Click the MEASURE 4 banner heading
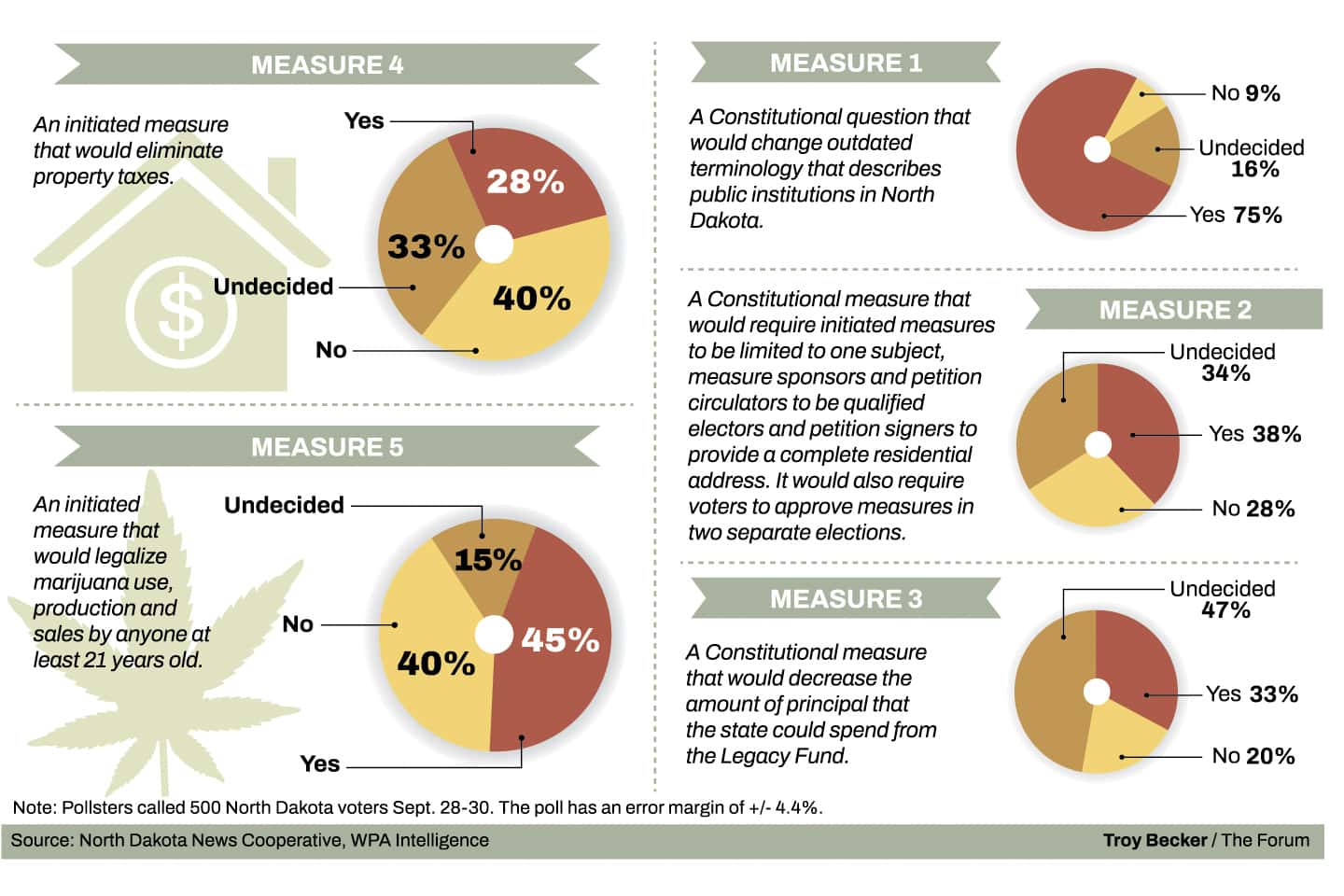(x=327, y=64)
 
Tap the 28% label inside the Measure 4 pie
(x=525, y=181)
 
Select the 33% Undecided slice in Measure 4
(x=426, y=246)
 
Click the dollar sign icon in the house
(x=181, y=311)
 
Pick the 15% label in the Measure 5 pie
(x=487, y=559)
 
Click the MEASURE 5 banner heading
(x=327, y=447)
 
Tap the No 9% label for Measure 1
(x=1245, y=93)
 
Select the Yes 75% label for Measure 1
(x=1235, y=215)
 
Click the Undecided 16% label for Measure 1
(x=1252, y=158)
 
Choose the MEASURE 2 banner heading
(x=1174, y=310)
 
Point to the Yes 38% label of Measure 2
(x=1253, y=434)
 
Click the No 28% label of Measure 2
(x=1253, y=509)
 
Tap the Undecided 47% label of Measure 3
(x=1223, y=599)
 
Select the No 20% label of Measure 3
(x=1253, y=756)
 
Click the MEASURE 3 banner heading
(x=846, y=598)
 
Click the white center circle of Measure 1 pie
(x=1097, y=149)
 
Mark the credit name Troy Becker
(x=1155, y=840)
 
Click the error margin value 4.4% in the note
(x=800, y=807)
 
